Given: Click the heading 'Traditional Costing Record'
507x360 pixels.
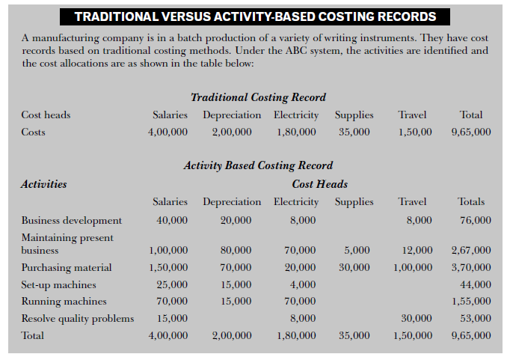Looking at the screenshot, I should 258,97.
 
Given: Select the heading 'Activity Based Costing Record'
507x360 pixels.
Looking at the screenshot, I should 258,165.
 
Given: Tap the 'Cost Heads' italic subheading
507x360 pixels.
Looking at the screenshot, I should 319,183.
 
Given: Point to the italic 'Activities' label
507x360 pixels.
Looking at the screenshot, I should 44,183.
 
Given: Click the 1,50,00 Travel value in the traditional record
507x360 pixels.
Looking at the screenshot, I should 413,132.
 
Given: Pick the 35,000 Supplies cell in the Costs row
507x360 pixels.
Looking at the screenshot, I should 354,132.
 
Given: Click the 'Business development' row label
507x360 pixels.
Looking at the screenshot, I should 72,220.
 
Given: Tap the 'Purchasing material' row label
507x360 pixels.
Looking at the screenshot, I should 67,267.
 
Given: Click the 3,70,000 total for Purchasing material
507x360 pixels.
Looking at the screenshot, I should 471,267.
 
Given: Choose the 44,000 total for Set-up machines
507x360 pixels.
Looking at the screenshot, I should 476,284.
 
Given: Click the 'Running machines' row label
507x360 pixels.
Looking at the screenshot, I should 64,302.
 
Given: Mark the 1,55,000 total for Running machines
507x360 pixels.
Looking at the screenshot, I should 471,302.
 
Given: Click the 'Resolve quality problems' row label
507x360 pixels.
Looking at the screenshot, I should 78,319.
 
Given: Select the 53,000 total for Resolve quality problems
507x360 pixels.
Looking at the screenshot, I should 476,319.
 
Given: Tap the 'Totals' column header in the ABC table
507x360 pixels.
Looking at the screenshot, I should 471,201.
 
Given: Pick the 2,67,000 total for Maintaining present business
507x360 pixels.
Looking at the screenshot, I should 471,250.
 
